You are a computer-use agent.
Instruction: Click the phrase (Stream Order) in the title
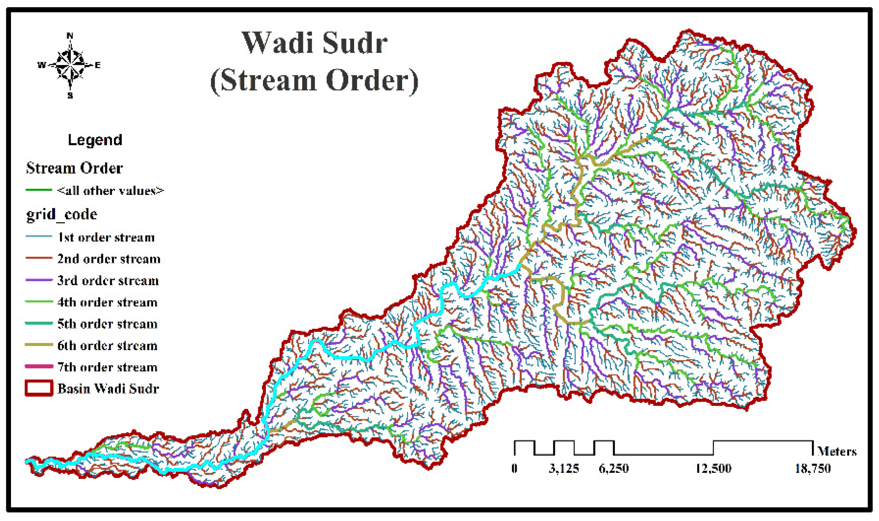[314, 80]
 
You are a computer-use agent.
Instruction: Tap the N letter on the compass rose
[70, 36]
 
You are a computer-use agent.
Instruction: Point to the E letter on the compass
[97, 65]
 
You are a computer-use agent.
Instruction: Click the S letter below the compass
[70, 96]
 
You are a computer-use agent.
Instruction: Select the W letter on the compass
[41, 65]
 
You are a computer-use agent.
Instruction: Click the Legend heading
[95, 140]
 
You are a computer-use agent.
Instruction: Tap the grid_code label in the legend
[62, 214]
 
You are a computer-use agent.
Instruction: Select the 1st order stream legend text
[106, 237]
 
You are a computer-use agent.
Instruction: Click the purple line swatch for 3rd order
[39, 280]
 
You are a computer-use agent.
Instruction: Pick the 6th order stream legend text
[107, 346]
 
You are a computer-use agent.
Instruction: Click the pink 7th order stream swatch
[39, 366]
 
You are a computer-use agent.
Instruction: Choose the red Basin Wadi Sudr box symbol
[39, 388]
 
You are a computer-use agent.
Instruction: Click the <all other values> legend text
[110, 191]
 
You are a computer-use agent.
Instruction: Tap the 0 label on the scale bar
[514, 469]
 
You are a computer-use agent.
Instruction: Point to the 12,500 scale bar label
[713, 469]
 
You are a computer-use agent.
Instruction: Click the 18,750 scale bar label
[812, 469]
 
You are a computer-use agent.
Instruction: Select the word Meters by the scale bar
[837, 451]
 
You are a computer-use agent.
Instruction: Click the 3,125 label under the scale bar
[564, 469]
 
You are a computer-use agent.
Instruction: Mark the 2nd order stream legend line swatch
[39, 258]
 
